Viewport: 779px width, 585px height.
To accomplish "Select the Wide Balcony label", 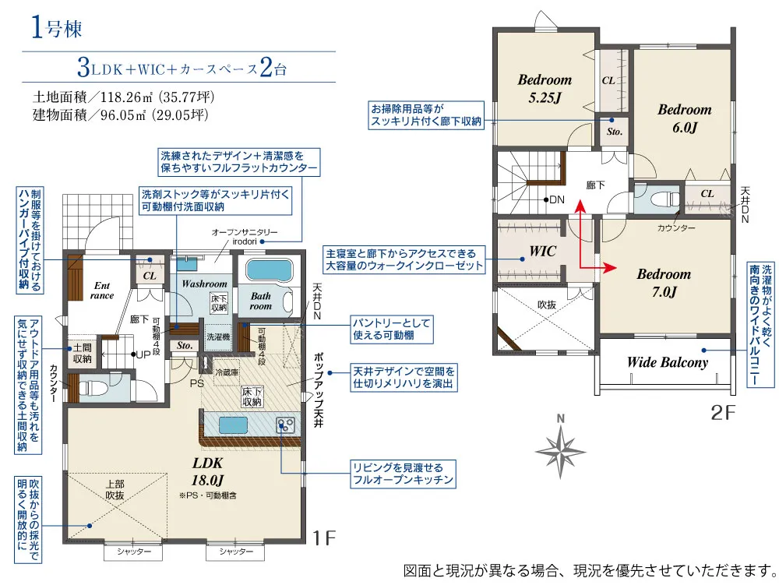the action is click(x=668, y=362).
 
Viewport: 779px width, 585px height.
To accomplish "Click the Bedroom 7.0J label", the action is click(x=664, y=283).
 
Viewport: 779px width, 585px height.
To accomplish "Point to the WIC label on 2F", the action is click(x=542, y=252).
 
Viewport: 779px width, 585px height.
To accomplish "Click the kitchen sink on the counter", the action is click(x=233, y=425).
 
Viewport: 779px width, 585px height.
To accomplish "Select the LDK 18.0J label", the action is click(x=208, y=471).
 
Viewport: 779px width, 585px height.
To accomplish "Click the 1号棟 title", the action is click(x=56, y=27).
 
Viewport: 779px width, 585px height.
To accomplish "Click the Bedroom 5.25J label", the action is click(x=545, y=88).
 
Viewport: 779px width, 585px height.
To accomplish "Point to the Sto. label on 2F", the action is click(x=614, y=132).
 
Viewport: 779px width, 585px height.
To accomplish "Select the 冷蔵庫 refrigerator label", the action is click(x=227, y=372).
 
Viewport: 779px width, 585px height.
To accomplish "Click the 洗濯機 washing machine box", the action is click(x=218, y=337).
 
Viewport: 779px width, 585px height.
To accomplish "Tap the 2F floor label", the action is click(x=724, y=412).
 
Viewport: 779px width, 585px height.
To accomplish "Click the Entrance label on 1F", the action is click(x=102, y=291).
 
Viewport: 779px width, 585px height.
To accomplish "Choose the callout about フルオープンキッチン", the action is click(x=403, y=474).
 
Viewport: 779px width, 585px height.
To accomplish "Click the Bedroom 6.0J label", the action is click(x=685, y=118).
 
